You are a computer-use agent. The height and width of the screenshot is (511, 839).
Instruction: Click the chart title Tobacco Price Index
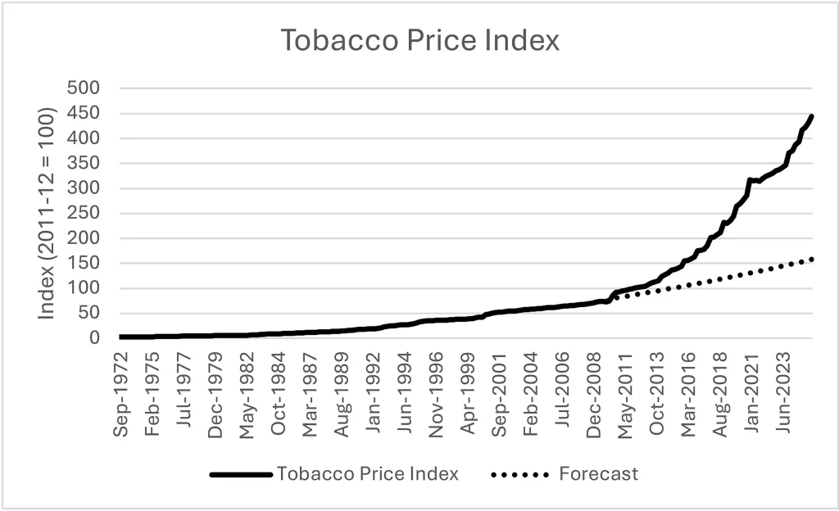pyautogui.click(x=419, y=40)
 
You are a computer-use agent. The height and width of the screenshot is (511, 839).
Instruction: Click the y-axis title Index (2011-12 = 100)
pyautogui.click(x=48, y=212)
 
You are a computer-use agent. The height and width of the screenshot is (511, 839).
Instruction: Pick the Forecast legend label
pyautogui.click(x=598, y=473)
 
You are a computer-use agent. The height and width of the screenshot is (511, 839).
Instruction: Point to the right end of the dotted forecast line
pyautogui.click(x=812, y=259)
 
